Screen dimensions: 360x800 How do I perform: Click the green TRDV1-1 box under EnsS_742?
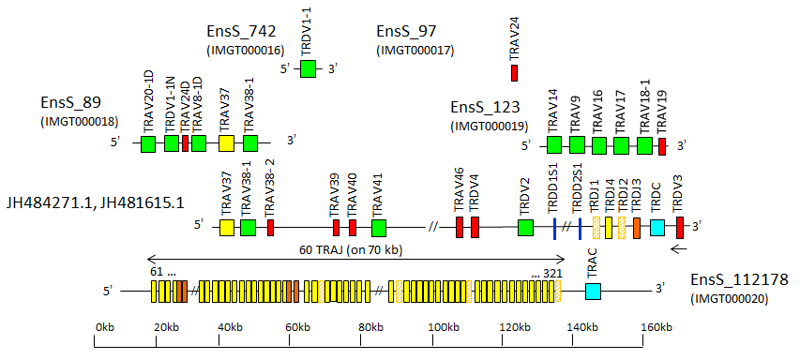pos(308,68)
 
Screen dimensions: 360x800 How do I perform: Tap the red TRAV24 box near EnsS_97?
pos(514,71)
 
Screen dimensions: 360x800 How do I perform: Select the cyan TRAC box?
pos(593,291)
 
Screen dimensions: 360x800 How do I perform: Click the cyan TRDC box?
pos(657,227)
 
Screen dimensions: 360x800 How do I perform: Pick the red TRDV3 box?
pos(681,227)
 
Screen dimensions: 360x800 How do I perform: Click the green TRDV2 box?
pos(525,227)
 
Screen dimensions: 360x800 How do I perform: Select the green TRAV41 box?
pos(379,227)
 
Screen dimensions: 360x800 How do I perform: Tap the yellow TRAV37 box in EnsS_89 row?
pos(226,143)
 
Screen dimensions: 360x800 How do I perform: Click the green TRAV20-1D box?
pos(148,143)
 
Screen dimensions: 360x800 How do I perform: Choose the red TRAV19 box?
pos(662,145)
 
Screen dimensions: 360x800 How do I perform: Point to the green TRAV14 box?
pos(554,144)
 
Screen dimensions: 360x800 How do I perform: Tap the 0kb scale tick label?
pos(105,327)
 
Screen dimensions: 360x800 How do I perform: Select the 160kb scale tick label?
pos(656,327)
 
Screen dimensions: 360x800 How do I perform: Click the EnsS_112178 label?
pos(740,279)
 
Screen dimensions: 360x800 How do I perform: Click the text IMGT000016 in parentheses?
pos(245,50)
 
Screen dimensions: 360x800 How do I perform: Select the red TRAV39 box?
pos(336,227)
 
